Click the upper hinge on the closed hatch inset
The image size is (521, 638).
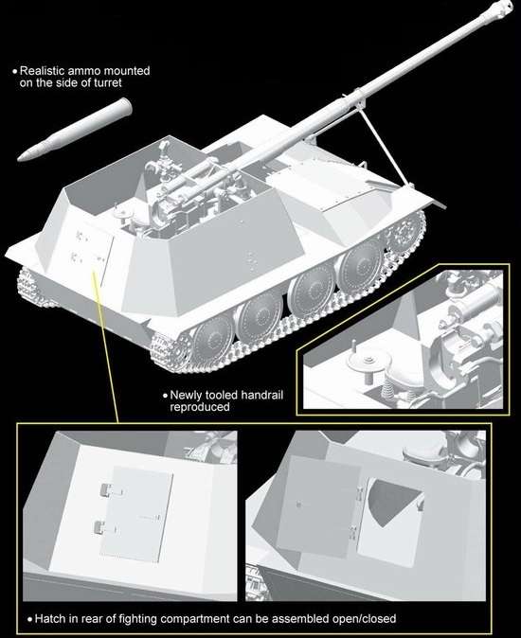coord(102,489)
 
